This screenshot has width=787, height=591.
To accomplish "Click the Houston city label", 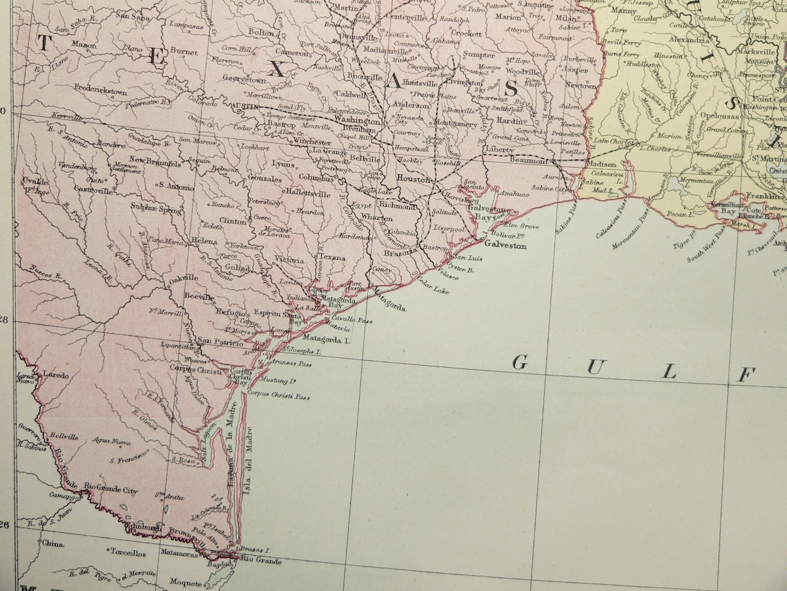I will click(x=414, y=179).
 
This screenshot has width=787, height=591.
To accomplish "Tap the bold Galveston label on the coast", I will click(x=505, y=245).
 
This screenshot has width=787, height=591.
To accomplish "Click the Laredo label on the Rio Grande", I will click(x=56, y=375).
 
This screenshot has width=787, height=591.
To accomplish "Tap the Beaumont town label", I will click(x=529, y=160).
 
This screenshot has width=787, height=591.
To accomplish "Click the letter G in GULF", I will click(x=521, y=363).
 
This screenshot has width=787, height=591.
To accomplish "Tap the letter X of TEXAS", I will click(x=276, y=67).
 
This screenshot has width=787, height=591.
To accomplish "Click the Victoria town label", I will click(x=289, y=260).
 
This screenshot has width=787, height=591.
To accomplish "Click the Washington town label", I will click(x=357, y=119).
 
